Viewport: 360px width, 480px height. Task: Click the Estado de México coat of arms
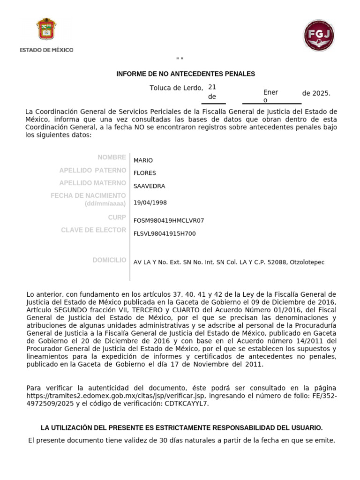(x=46, y=30)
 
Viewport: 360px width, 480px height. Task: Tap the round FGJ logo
(x=319, y=35)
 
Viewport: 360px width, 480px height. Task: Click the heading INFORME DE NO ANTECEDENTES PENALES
(x=186, y=74)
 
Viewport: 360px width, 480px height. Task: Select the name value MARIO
(x=143, y=160)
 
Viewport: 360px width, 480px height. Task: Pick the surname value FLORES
(x=144, y=173)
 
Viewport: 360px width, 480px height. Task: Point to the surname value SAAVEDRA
(x=149, y=186)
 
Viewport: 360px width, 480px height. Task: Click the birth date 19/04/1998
(x=150, y=202)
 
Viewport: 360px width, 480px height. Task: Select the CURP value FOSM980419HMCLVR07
(x=169, y=220)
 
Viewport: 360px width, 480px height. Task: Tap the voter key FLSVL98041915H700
(x=165, y=233)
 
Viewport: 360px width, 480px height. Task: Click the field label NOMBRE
(x=112, y=157)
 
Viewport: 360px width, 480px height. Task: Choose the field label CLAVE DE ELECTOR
(x=93, y=230)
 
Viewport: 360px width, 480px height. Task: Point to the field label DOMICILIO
(x=109, y=260)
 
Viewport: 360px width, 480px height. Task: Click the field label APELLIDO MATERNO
(x=92, y=183)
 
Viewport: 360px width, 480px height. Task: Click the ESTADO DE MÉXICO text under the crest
(x=46, y=50)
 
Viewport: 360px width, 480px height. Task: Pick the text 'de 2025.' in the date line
(x=316, y=93)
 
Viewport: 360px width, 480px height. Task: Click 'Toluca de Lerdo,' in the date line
(x=176, y=88)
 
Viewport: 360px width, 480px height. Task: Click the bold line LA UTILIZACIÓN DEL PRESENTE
(x=182, y=427)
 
